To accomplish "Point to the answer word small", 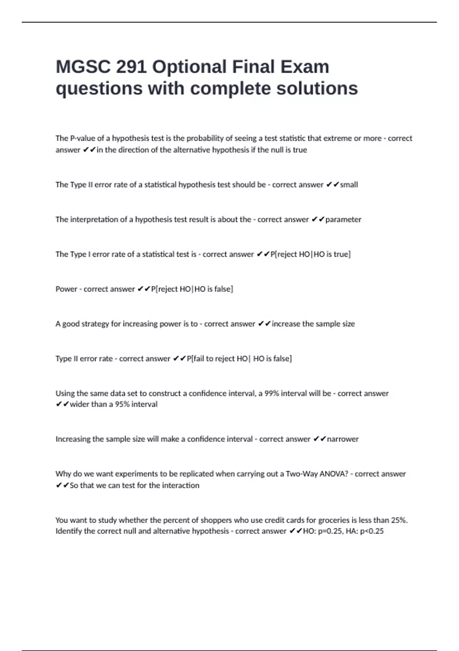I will click(x=349, y=185).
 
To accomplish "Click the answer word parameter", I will click(x=343, y=219).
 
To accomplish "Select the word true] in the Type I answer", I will click(x=342, y=254).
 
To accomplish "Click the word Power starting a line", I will click(x=66, y=289).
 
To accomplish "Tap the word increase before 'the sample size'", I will click(x=286, y=324).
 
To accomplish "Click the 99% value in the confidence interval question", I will click(x=272, y=393).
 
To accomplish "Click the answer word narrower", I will click(x=343, y=439).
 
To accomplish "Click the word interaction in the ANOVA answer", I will click(x=181, y=486).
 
